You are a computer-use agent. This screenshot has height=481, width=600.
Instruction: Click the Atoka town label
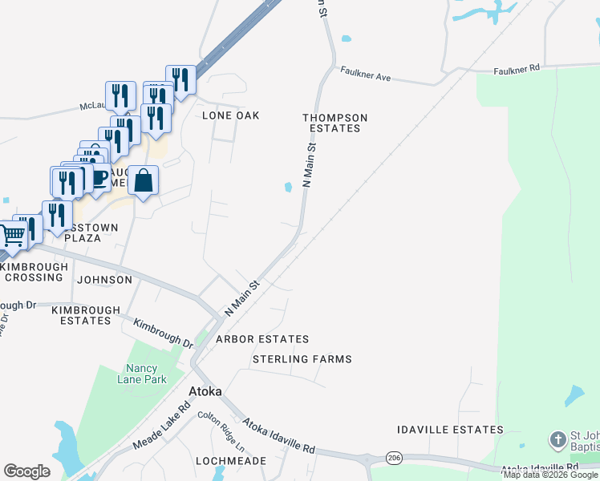click(205, 392)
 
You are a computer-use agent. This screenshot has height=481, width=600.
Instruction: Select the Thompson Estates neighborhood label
click(334, 123)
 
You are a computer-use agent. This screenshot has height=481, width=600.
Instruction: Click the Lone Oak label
click(231, 115)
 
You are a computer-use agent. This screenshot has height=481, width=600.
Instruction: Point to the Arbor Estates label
click(261, 339)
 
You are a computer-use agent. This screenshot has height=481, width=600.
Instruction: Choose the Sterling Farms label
click(302, 359)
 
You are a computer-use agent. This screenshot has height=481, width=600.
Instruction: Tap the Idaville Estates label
click(450, 430)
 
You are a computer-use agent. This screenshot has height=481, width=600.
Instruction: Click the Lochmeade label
click(230, 461)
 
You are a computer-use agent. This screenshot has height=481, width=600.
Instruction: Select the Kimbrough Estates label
click(86, 315)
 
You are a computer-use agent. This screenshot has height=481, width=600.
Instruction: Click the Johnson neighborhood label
click(104, 280)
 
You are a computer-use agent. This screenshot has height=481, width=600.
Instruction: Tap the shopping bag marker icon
click(143, 180)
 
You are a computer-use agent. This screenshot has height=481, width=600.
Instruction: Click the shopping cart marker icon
click(11, 235)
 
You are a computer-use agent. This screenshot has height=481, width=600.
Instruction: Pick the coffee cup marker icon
click(99, 176)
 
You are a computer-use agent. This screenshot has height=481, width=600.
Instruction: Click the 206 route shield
click(393, 457)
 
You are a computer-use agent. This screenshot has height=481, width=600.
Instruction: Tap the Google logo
click(27, 471)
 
